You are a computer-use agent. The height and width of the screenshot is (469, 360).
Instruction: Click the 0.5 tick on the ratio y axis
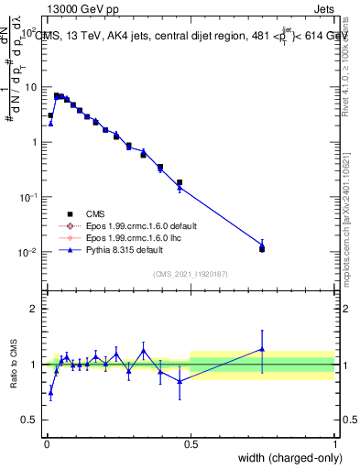(30, 420)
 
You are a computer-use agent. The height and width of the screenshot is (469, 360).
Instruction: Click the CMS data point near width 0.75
(262, 248)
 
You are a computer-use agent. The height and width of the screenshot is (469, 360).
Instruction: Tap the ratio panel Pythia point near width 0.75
(262, 348)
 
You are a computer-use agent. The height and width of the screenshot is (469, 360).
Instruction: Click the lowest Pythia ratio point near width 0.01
(50, 392)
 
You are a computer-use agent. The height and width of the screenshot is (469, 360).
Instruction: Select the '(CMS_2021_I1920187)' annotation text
(190, 275)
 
